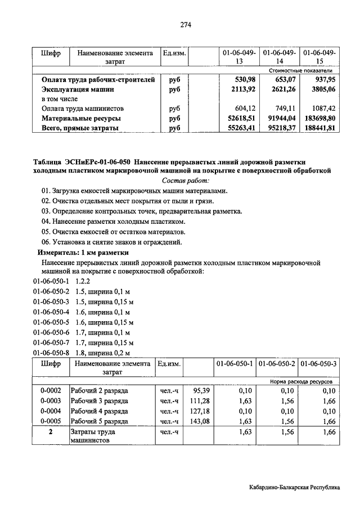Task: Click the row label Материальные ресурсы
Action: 81,119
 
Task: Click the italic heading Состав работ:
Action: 185,181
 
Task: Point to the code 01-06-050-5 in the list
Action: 51,322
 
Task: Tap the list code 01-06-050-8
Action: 51,353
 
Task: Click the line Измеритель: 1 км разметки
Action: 83,253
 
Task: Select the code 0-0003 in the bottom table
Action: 51,400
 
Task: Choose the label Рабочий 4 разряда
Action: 100,411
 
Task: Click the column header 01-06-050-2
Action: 277,364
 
